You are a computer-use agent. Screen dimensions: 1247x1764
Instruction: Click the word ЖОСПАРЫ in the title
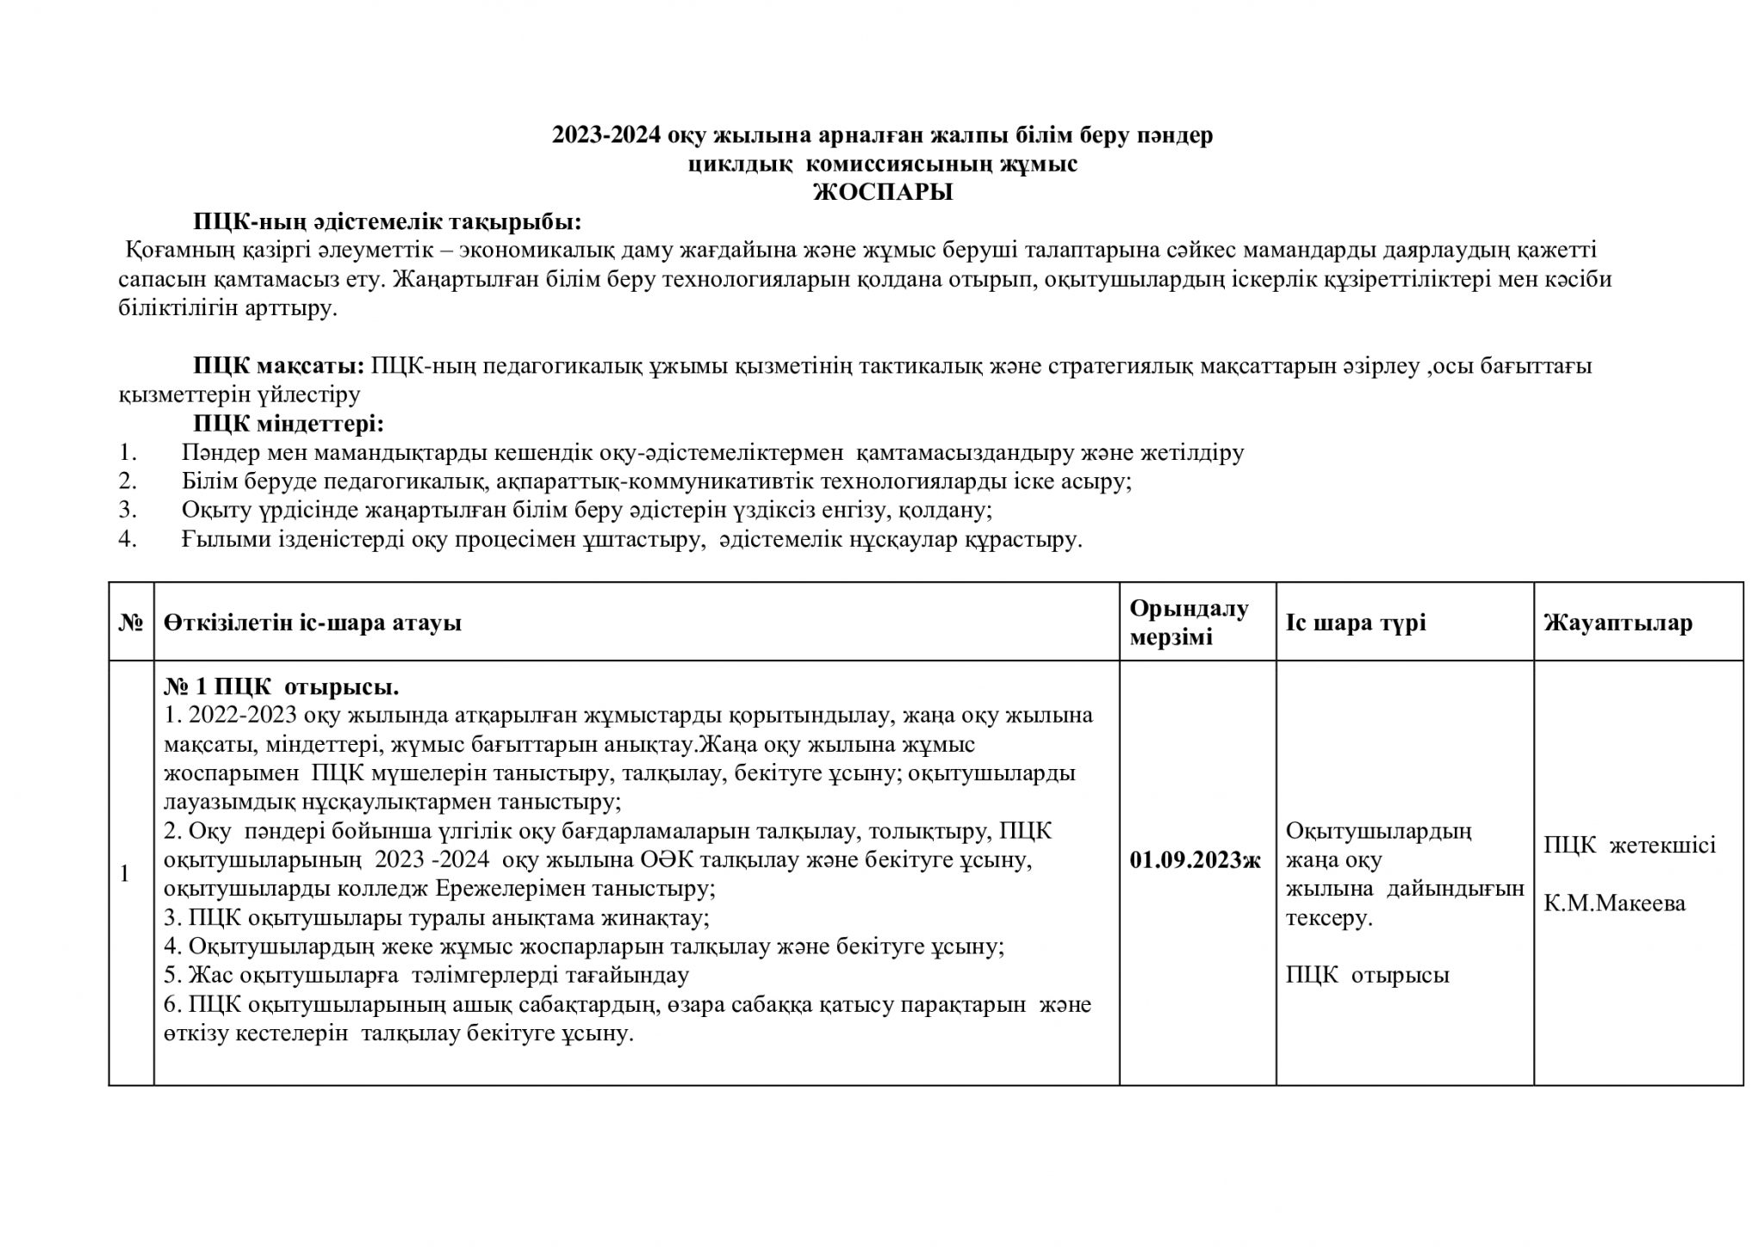click(883, 192)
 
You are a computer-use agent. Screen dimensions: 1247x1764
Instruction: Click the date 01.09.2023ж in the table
click(1196, 859)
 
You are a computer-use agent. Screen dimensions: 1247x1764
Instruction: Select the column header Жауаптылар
click(1618, 623)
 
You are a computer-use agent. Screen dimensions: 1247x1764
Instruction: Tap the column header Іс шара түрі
click(1356, 623)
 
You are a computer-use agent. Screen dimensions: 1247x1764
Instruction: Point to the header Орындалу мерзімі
click(1189, 623)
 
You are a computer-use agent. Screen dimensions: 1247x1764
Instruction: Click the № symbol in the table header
click(130, 623)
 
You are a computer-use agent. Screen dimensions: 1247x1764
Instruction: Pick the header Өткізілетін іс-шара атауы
click(313, 623)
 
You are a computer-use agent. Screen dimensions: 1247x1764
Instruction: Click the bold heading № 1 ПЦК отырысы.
click(281, 687)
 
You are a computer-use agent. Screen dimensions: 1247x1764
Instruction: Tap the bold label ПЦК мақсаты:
click(279, 366)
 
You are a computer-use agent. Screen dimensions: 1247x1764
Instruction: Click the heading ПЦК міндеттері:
click(288, 424)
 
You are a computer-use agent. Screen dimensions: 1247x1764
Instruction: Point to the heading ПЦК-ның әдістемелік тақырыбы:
click(387, 222)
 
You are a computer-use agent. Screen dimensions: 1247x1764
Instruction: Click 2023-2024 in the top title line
click(606, 135)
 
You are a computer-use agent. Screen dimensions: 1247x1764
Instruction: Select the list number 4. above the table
click(127, 540)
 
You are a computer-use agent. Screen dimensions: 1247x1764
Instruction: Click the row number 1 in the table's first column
click(125, 873)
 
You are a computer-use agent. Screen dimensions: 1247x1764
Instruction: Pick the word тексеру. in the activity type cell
click(1328, 918)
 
